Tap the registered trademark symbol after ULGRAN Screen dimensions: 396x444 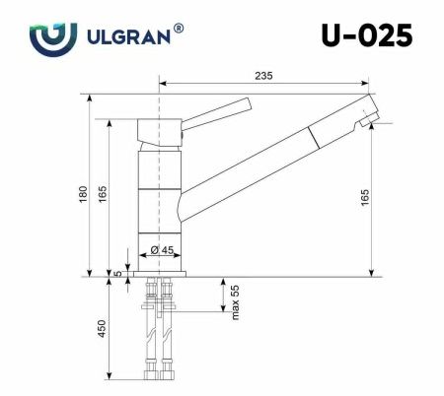click(x=178, y=30)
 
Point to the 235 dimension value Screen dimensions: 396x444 click(x=263, y=75)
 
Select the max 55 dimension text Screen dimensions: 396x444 click(x=235, y=301)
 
